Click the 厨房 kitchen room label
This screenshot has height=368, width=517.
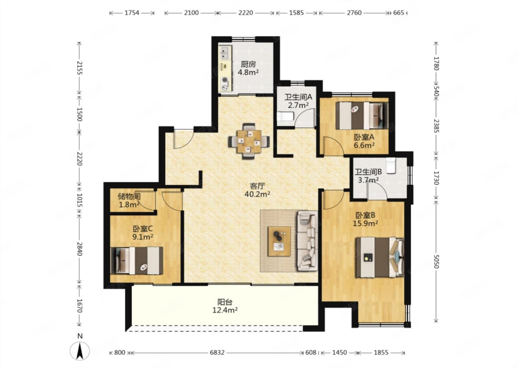(x=248, y=64)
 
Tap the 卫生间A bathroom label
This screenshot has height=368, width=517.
(x=298, y=97)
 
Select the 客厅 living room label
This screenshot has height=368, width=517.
(x=257, y=186)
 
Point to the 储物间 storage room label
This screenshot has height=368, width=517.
(x=129, y=197)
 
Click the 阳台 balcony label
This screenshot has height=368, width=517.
(x=225, y=302)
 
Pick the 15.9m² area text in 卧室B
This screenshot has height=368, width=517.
(x=365, y=224)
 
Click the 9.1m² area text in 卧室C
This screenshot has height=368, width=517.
(x=143, y=237)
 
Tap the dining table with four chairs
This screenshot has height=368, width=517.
(x=249, y=141)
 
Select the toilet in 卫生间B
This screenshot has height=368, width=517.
(x=391, y=165)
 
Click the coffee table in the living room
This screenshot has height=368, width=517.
(x=279, y=241)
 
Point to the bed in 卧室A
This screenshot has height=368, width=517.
(x=362, y=115)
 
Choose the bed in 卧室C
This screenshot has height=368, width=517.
(x=137, y=261)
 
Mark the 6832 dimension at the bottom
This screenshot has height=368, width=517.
(x=217, y=353)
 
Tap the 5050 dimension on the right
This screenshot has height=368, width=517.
(x=436, y=261)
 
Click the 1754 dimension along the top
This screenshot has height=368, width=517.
(x=132, y=13)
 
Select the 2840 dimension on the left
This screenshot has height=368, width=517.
(x=79, y=249)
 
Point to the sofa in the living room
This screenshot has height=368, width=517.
(x=307, y=240)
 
